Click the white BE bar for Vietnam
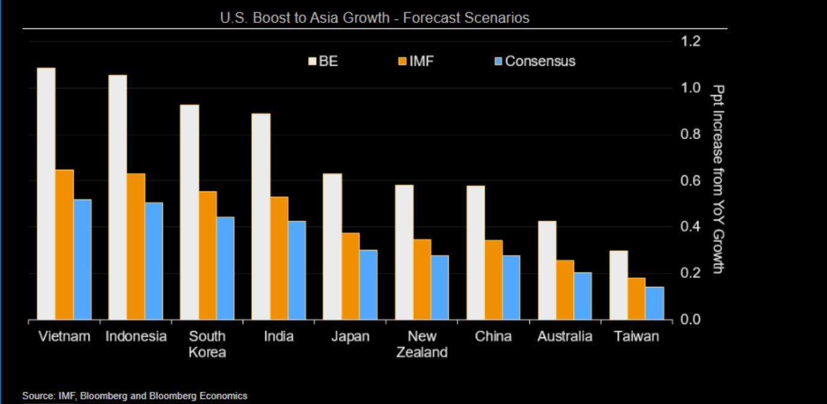click(x=46, y=193)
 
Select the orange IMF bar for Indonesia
click(x=136, y=246)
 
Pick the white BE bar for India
click(x=261, y=216)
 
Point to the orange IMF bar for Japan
click(x=350, y=276)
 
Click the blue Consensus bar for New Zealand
click(x=440, y=287)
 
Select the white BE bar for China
click(x=475, y=252)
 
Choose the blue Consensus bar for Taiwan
click(x=655, y=303)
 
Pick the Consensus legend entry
click(x=534, y=61)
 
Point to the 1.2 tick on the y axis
click(x=691, y=41)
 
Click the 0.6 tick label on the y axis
click(x=691, y=181)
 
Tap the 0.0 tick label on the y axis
click(x=691, y=319)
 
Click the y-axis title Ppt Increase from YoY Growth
click(x=717, y=179)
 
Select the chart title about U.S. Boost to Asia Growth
click(x=374, y=18)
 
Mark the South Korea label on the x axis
click(x=207, y=344)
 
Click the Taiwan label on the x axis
click(x=636, y=336)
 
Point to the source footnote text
click(x=135, y=396)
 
